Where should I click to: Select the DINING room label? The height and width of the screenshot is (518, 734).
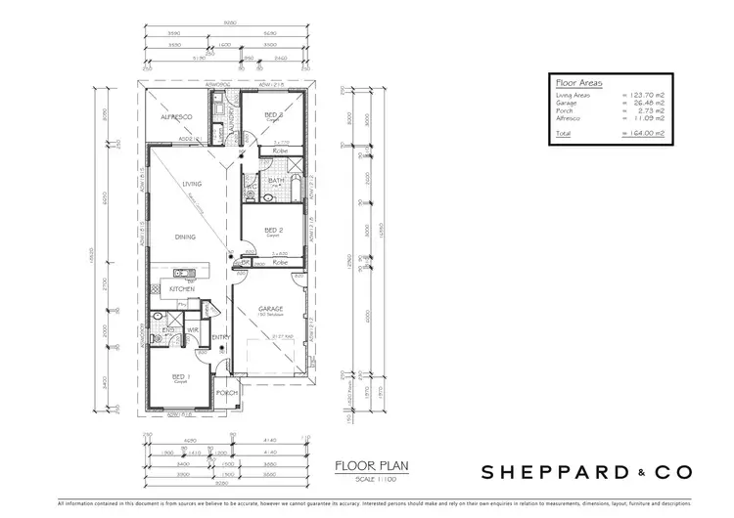pos(185,237)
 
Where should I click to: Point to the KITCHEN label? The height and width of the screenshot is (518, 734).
pos(183,290)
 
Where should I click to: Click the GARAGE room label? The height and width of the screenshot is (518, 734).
pos(271,308)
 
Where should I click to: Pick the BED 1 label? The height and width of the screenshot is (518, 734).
pos(181,376)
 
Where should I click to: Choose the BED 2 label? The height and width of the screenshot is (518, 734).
pos(274,231)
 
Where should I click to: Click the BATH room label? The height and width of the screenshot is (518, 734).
pos(276,181)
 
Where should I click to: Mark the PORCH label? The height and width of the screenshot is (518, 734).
pos(227,394)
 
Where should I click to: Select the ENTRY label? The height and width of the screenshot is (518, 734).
pos(221,337)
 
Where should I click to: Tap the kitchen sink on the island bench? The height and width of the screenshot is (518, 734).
pos(182,272)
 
